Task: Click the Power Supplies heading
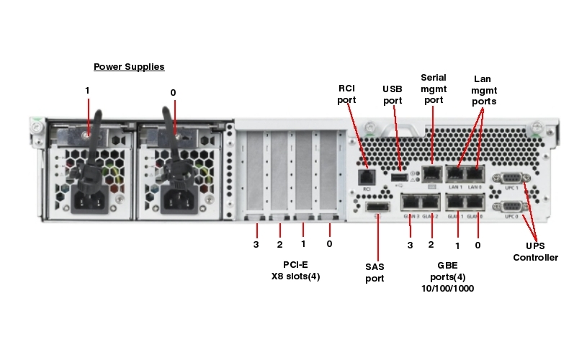(x=129, y=67)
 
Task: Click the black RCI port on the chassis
(x=367, y=176)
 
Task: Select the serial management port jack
(x=431, y=173)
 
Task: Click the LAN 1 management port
(x=455, y=174)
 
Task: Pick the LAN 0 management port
(x=475, y=174)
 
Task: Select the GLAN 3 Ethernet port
(x=411, y=203)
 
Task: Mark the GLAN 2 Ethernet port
(x=430, y=203)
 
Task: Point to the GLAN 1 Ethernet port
(x=455, y=203)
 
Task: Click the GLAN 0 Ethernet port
(x=475, y=203)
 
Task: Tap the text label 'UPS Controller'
(x=535, y=252)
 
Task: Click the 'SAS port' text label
(x=375, y=272)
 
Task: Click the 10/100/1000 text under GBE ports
(x=447, y=288)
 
